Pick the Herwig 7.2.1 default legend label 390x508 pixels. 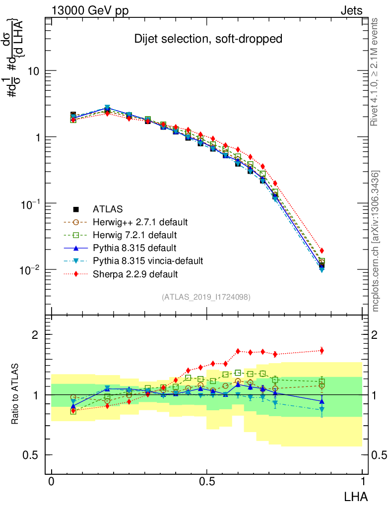point(129,235)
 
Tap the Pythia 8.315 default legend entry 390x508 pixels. point(127,248)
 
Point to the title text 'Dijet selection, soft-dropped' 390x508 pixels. point(208,39)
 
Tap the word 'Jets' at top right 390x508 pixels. point(351,10)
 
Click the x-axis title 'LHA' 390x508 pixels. point(356,496)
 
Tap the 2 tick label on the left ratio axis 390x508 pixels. point(35,335)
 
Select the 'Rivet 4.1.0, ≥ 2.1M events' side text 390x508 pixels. point(376,72)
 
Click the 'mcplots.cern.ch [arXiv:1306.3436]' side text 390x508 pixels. point(376,241)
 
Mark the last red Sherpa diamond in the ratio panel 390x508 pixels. point(322,351)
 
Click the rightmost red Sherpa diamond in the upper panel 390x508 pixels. point(322,251)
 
